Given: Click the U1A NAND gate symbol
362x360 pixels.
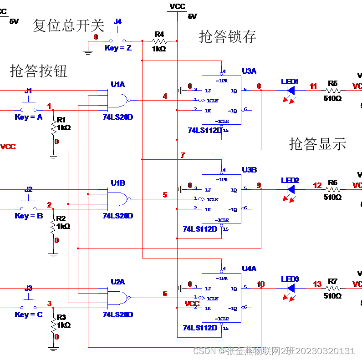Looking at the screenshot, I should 117,100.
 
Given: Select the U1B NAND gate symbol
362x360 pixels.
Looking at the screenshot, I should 117,199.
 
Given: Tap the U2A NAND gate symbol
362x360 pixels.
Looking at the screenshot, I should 117,298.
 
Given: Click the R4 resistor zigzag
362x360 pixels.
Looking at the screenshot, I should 159,41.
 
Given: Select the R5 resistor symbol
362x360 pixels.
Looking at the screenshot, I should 332,90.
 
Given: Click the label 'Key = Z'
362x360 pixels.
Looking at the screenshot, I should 118,48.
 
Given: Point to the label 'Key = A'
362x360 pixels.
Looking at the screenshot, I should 29,117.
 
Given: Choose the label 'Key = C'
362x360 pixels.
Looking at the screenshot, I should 29,314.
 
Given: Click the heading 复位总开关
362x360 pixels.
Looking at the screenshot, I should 68,25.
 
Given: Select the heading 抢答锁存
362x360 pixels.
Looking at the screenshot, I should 227,36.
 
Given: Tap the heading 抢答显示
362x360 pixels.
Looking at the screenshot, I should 317,144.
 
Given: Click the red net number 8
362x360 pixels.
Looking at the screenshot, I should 259,86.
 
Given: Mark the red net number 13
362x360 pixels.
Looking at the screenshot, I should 317,284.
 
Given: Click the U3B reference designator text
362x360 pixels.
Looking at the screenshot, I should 249,170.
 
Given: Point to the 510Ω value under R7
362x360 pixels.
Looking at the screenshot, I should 332,296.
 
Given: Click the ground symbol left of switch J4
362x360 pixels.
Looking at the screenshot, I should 88,50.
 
